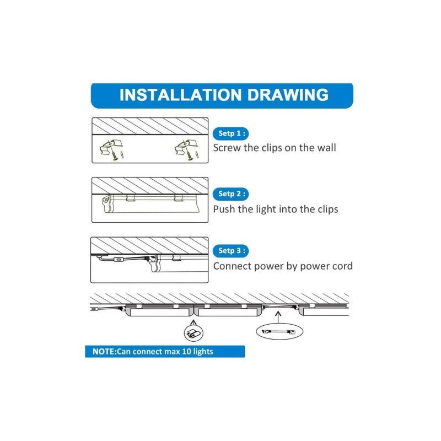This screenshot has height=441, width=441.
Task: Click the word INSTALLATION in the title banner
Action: click(181, 95)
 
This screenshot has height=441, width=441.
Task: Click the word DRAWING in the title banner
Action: click(288, 95)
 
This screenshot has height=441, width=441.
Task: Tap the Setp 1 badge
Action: click(230, 133)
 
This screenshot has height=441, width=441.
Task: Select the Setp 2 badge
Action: click(230, 194)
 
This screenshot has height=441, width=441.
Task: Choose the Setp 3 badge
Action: click(230, 251)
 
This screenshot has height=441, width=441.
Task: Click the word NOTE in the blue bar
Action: click(104, 352)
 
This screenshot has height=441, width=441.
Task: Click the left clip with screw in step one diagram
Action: click(112, 149)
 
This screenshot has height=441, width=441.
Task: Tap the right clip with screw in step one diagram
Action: click(186, 149)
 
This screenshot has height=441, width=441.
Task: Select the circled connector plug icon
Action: click(193, 333)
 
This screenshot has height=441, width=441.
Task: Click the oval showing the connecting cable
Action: click(279, 331)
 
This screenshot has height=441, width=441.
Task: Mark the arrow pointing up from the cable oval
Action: click(278, 318)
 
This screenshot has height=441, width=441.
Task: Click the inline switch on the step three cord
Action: click(119, 259)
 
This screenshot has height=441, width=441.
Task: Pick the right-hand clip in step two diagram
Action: click(178, 198)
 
